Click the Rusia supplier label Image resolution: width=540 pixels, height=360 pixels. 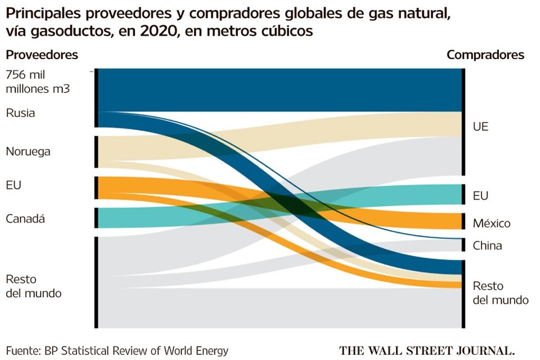click(20, 112)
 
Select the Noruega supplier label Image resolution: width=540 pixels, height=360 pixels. click(28, 151)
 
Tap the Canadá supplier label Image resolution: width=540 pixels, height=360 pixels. click(25, 218)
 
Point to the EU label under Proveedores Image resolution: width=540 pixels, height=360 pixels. click(13, 184)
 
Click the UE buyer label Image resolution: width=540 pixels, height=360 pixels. click(480, 127)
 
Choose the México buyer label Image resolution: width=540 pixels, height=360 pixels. click(491, 223)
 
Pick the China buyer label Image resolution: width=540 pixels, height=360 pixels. click(487, 245)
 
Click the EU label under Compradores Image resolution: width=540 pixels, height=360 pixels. click(480, 196)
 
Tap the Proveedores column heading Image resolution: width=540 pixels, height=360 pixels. click(42, 55)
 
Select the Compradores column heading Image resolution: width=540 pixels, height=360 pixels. click(485, 55)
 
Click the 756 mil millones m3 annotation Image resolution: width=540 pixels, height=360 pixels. click(37, 82)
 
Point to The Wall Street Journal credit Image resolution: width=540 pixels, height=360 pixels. click(426, 350)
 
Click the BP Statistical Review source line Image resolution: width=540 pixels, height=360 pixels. click(118, 351)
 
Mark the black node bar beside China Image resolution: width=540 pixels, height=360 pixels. click(463, 245)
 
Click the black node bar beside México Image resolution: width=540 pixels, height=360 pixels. click(463, 222)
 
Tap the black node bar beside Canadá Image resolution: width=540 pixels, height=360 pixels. click(96, 218)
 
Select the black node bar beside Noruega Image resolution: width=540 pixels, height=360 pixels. click(96, 151)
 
